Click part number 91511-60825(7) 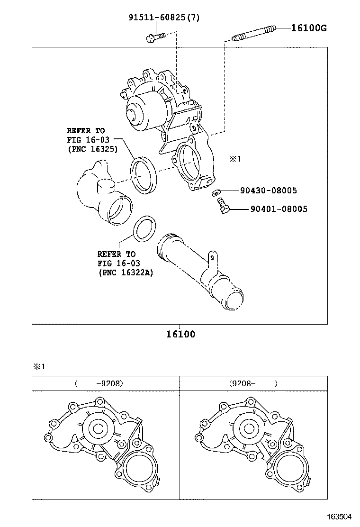(x=164, y=18)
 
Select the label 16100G (x=308, y=28)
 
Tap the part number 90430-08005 (x=268, y=191)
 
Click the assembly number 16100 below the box (x=180, y=334)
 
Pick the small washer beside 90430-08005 (x=216, y=192)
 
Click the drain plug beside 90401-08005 (x=223, y=206)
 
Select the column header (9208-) (x=253, y=383)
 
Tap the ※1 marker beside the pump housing (x=235, y=159)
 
